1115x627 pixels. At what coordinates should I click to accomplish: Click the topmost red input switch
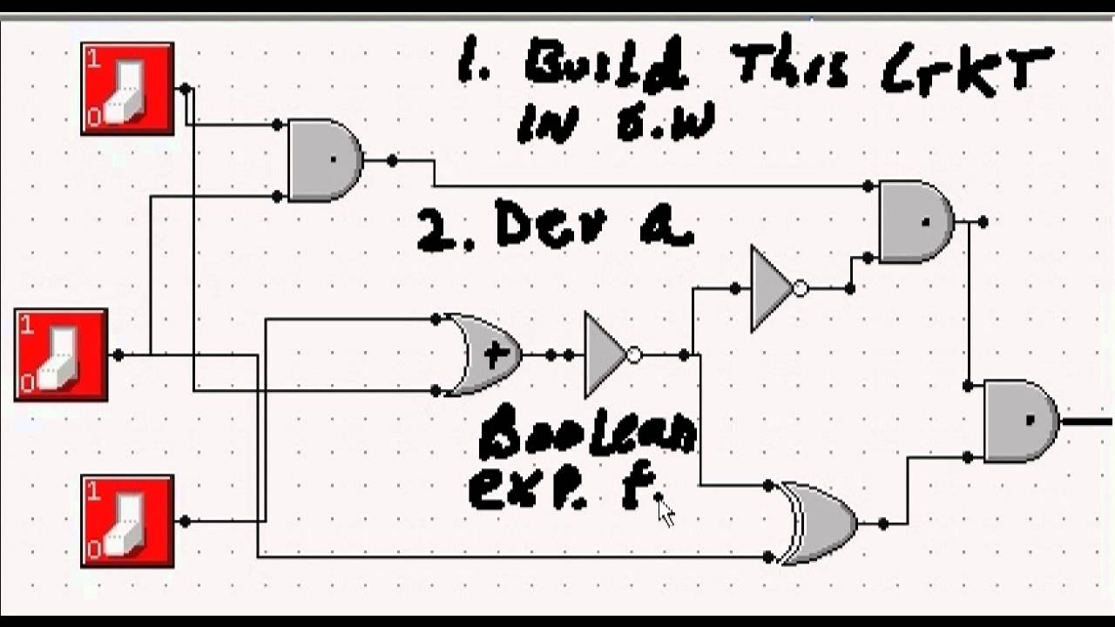[x=127, y=89]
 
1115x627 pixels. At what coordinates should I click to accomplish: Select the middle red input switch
[x=61, y=355]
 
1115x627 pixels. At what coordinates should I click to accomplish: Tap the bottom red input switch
[x=127, y=521]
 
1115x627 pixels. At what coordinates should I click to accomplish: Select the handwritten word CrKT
[x=967, y=70]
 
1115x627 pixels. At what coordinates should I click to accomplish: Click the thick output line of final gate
[x=1086, y=422]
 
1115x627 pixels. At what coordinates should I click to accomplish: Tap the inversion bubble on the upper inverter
[x=801, y=288]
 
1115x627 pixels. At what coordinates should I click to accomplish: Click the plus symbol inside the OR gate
[x=495, y=355]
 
